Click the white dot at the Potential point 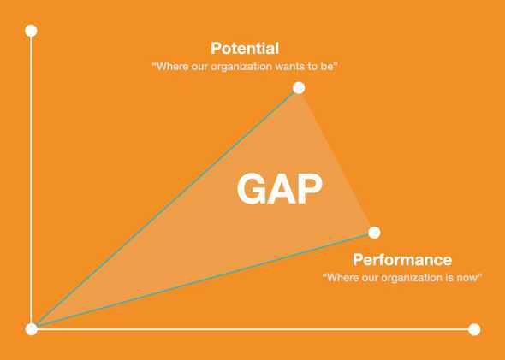click(x=298, y=87)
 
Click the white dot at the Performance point click(x=374, y=232)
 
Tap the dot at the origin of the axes click(x=32, y=328)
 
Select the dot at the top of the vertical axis click(x=32, y=31)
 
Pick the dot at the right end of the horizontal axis click(x=475, y=329)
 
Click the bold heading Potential click(x=245, y=49)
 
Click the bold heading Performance click(x=402, y=259)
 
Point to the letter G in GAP click(x=252, y=189)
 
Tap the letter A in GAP click(x=281, y=189)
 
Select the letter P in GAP click(x=309, y=189)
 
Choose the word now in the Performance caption click(x=468, y=278)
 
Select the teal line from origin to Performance click(x=203, y=280)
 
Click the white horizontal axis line click(x=257, y=329)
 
